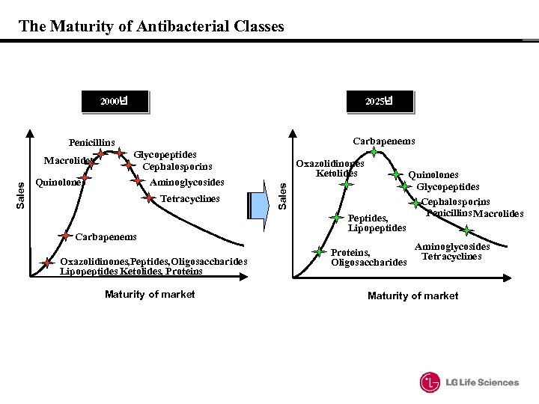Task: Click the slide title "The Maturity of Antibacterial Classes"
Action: [151, 27]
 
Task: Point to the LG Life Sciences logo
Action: [469, 382]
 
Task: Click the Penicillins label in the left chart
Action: [91, 142]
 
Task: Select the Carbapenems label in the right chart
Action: [383, 141]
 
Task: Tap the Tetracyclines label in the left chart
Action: [190, 199]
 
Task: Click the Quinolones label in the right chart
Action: [433, 176]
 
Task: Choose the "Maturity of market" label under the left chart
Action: [150, 294]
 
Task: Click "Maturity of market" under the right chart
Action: [413, 296]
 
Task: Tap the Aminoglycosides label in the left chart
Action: [186, 182]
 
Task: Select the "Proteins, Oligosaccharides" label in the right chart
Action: [368, 257]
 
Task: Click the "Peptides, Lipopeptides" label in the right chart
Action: [377, 223]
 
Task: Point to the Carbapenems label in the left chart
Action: [106, 237]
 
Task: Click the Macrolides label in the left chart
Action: [67, 160]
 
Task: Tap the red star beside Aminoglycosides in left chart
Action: [138, 181]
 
